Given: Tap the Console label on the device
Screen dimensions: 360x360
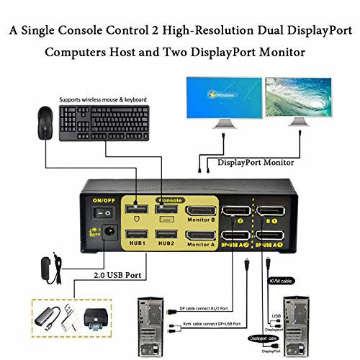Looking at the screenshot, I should (170, 199).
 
